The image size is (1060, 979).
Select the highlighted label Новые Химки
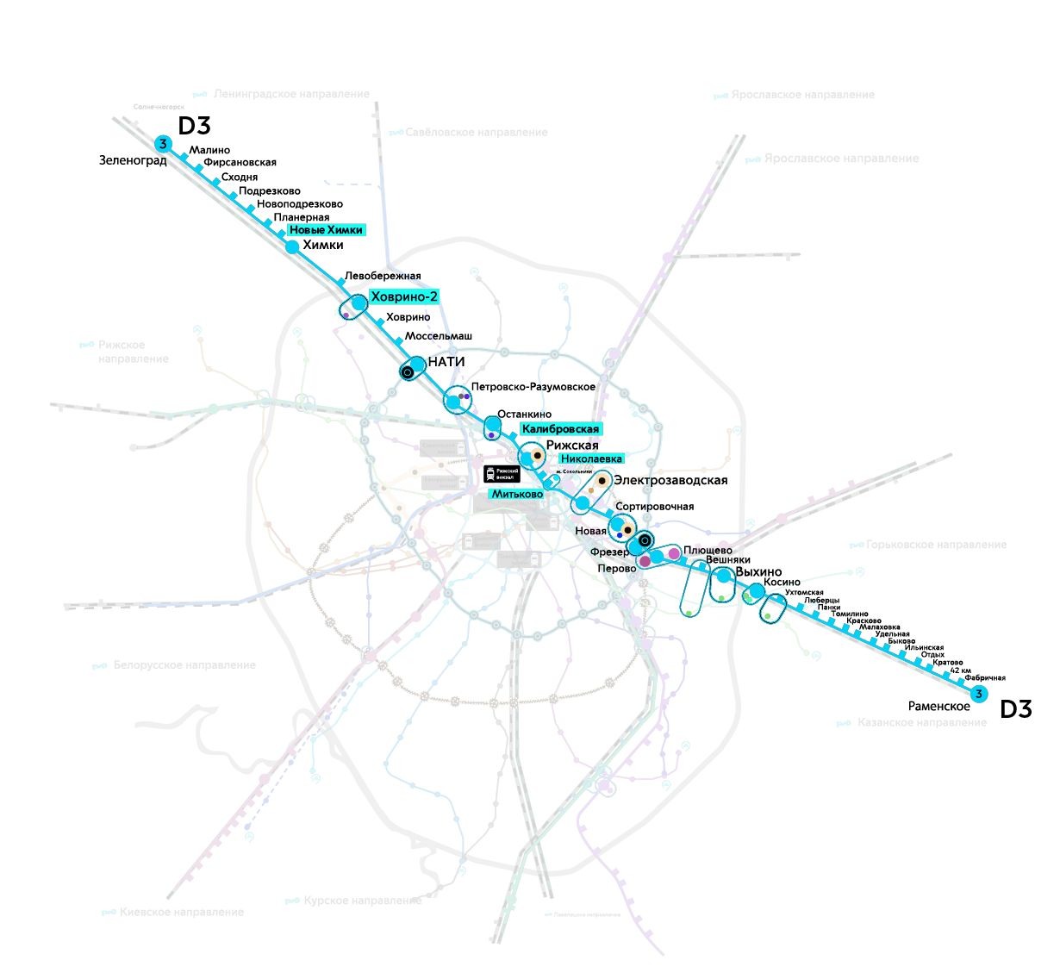[x=326, y=230]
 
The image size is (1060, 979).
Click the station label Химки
[x=323, y=246]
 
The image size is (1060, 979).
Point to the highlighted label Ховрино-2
[x=404, y=297]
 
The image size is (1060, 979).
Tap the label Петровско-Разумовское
[x=533, y=387]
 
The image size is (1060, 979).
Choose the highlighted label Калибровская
[x=560, y=429]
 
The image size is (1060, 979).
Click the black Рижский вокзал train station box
[x=502, y=474]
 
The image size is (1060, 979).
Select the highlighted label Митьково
[x=517, y=495]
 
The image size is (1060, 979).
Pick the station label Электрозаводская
[x=670, y=481]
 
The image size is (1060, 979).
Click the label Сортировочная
[x=655, y=507]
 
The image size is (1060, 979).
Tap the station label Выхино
[x=759, y=572]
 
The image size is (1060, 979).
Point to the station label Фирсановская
[x=240, y=162]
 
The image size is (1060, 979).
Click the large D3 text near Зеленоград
[x=194, y=126]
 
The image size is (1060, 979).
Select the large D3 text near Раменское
[x=1015, y=710]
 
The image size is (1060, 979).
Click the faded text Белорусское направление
[x=184, y=665]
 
